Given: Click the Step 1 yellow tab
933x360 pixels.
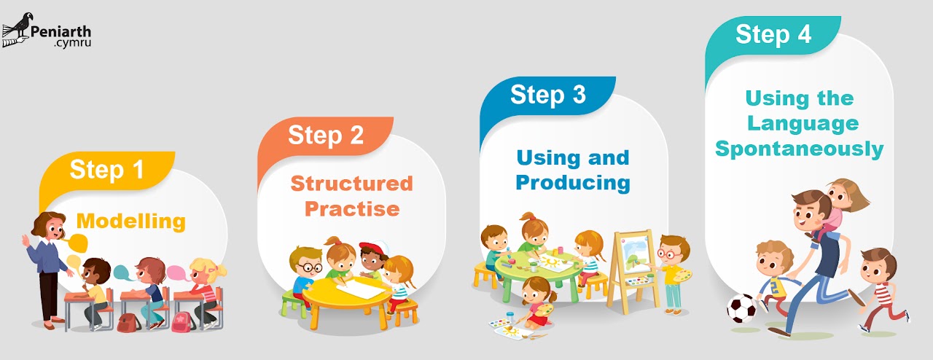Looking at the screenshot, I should (x=106, y=170).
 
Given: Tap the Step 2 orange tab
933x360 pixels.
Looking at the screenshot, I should (x=325, y=135).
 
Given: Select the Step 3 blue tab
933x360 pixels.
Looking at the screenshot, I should (x=547, y=95).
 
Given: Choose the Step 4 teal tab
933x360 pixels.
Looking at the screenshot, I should (x=773, y=34).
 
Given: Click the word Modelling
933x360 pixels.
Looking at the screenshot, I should (x=130, y=221).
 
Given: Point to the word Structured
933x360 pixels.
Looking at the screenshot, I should (x=351, y=183).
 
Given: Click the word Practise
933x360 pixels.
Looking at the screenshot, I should (x=351, y=208).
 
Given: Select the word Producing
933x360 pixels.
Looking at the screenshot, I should (x=572, y=182).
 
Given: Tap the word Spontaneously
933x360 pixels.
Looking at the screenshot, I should (x=799, y=149).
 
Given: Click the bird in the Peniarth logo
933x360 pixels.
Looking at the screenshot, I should (x=20, y=28).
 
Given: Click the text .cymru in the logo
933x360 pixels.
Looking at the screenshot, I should (x=71, y=43).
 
